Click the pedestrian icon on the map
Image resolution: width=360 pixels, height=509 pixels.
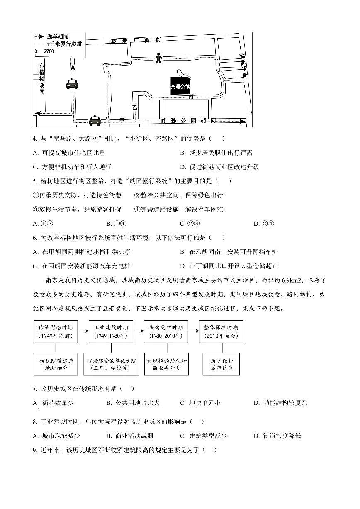coord(158,58)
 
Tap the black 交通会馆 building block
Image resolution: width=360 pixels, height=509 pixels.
coord(180,86)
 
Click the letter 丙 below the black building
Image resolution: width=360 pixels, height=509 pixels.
coord(190,97)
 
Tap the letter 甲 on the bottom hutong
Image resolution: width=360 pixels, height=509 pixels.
coord(122,120)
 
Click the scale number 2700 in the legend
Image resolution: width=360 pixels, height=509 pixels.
coord(49,51)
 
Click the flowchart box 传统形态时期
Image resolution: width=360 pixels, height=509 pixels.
coord(56,331)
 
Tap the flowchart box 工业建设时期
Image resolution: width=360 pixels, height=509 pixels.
coord(111,331)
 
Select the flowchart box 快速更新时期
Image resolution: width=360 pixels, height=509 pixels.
coord(166,331)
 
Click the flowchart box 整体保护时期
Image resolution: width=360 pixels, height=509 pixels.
coord(221,331)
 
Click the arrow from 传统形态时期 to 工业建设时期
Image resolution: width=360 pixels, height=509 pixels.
coord(83,331)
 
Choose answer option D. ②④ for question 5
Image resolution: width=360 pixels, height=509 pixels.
coord(264,224)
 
